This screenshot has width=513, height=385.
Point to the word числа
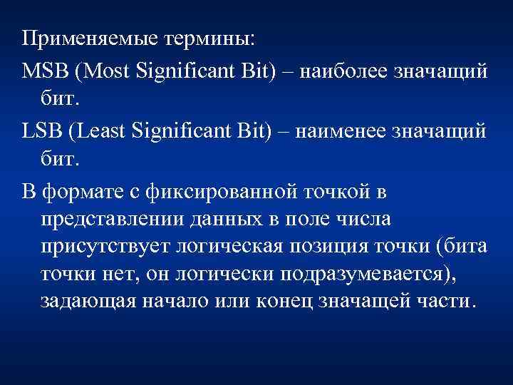tap(359, 217)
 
